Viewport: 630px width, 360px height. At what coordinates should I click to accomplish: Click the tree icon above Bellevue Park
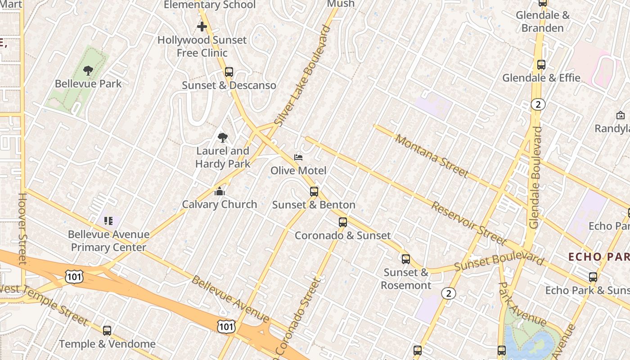pyautogui.click(x=88, y=70)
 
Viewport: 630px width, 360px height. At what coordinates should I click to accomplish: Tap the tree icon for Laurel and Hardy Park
pyautogui.click(x=222, y=138)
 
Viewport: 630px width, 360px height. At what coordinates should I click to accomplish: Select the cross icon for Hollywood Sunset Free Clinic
pyautogui.click(x=202, y=27)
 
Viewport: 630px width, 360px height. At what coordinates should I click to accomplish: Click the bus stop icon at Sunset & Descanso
pyautogui.click(x=229, y=72)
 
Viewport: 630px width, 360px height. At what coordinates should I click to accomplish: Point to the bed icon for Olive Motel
pyautogui.click(x=298, y=157)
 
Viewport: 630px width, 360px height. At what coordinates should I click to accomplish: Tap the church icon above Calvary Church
pyautogui.click(x=219, y=191)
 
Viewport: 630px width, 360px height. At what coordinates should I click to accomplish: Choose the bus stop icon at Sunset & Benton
pyautogui.click(x=314, y=192)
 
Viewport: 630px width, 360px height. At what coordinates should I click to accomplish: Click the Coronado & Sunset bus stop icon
pyautogui.click(x=343, y=222)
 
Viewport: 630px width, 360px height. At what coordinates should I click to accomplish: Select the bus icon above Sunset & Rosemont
pyautogui.click(x=406, y=259)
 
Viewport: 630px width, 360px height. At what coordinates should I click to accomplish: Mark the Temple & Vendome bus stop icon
pyautogui.click(x=107, y=331)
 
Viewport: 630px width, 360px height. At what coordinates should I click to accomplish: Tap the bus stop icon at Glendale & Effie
pyautogui.click(x=541, y=65)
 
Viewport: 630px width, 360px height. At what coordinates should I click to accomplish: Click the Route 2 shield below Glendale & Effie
pyautogui.click(x=538, y=105)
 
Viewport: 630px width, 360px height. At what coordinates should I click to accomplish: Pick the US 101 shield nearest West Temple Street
pyautogui.click(x=74, y=276)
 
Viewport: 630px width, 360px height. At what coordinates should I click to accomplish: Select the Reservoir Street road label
pyautogui.click(x=468, y=223)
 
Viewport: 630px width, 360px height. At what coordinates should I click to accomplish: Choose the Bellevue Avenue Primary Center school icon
pyautogui.click(x=108, y=221)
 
